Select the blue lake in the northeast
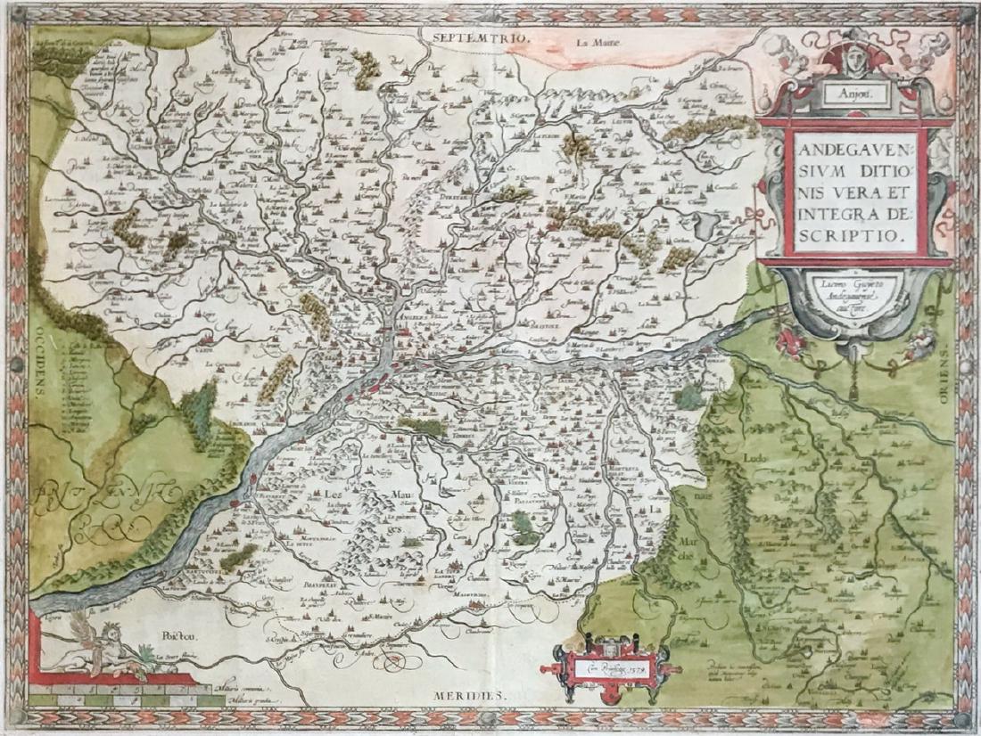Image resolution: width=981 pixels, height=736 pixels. (705, 225)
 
